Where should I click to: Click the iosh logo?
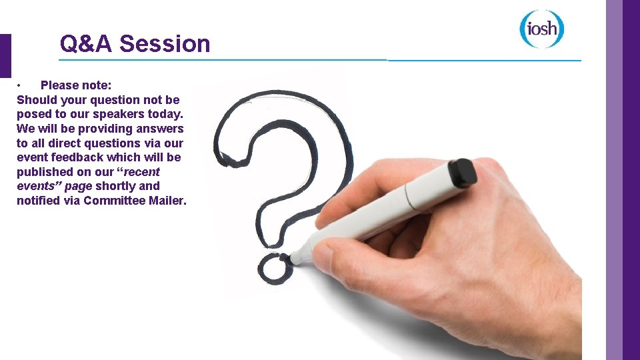[x=542, y=29]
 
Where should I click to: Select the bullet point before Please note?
[x=21, y=85]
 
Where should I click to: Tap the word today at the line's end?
[x=165, y=114]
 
